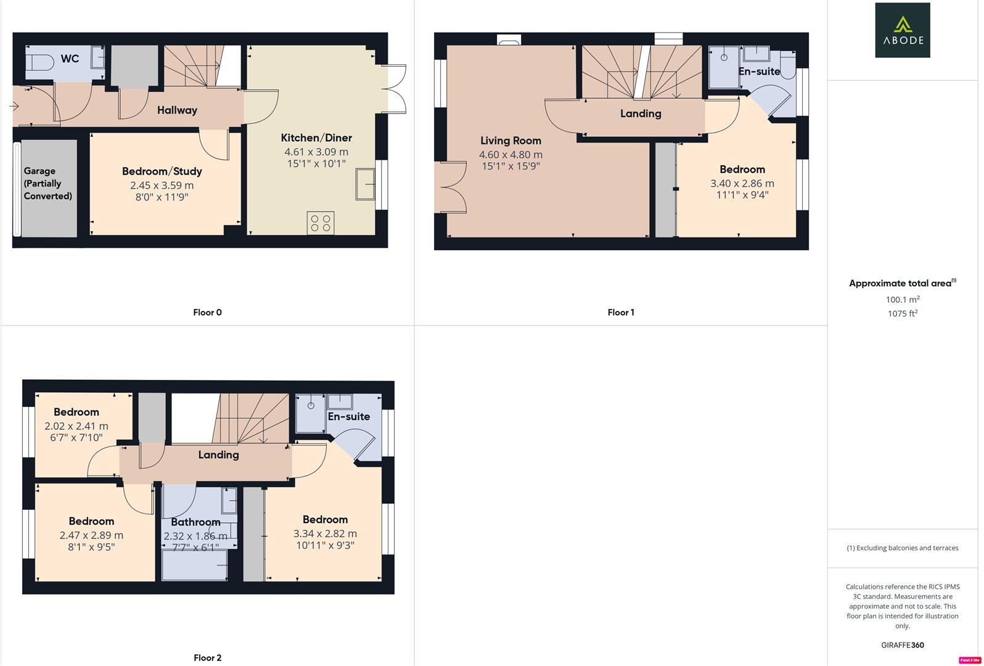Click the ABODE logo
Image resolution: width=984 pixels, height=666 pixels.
(902, 30)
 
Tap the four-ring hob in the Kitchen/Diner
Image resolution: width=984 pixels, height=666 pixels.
(321, 223)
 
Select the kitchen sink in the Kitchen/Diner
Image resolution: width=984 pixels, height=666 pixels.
(365, 184)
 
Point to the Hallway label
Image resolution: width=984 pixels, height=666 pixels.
(177, 110)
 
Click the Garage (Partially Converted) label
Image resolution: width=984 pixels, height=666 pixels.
(47, 183)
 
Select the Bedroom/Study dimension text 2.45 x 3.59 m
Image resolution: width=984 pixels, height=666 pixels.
(162, 185)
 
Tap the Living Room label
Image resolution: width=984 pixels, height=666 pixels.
(510, 141)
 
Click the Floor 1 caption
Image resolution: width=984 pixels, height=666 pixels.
(620, 312)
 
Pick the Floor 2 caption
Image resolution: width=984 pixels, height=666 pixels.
(207, 657)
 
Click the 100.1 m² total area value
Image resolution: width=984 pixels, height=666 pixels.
(902, 299)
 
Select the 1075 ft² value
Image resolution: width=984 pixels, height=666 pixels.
(902, 313)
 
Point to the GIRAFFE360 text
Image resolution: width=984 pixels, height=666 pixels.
(902, 645)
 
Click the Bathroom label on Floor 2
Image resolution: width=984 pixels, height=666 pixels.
(195, 522)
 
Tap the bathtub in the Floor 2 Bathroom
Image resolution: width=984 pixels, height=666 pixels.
(194, 564)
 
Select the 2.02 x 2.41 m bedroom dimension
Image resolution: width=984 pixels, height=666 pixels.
(76, 426)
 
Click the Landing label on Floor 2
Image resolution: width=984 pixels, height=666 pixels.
(218, 454)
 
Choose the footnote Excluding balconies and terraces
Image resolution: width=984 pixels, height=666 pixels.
(902, 548)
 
